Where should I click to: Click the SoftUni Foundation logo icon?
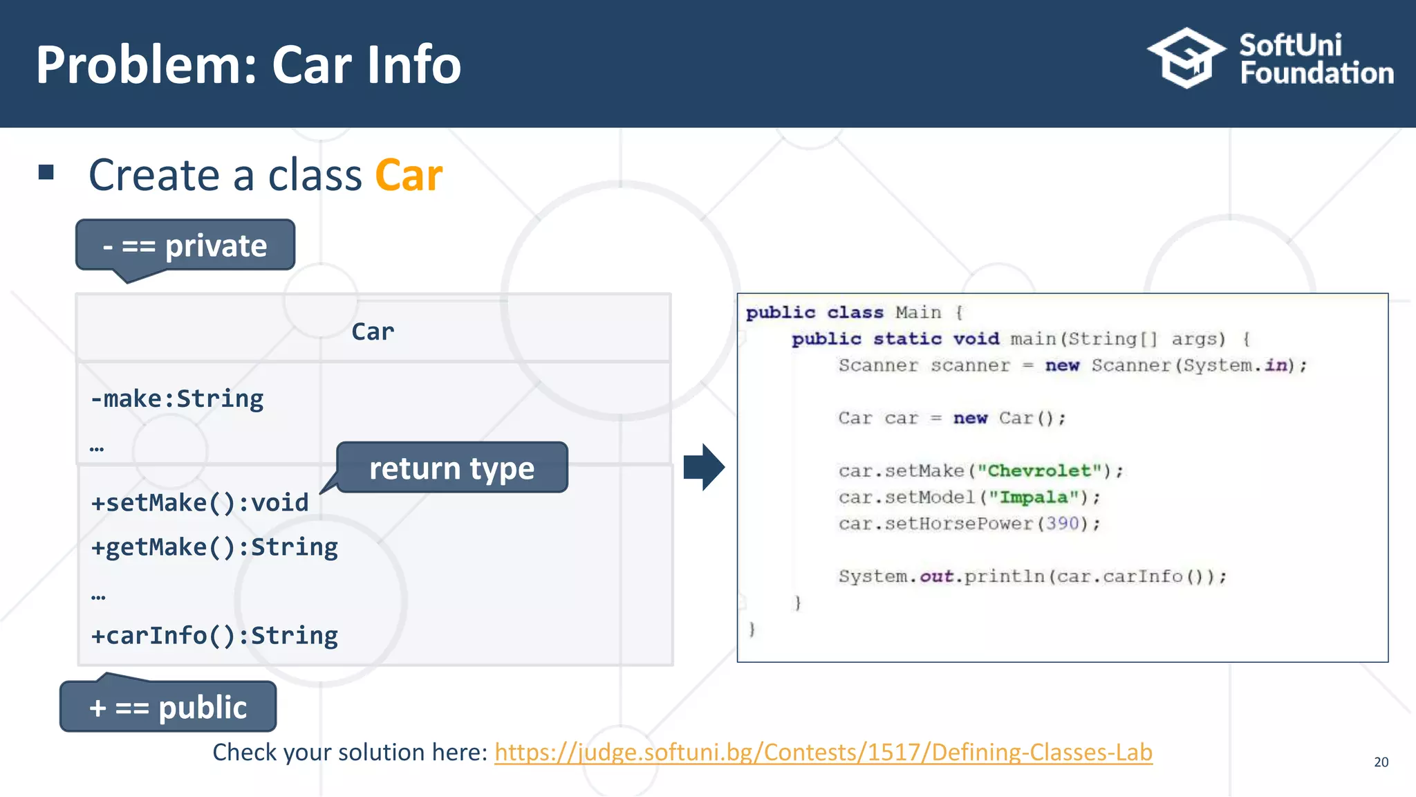click(x=1186, y=58)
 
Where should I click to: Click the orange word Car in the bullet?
click(x=408, y=175)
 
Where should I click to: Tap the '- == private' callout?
click(x=185, y=246)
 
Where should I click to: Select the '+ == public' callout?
click(x=168, y=707)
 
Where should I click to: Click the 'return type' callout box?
click(x=451, y=468)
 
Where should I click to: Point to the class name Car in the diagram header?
click(x=373, y=331)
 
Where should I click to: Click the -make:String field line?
click(x=177, y=398)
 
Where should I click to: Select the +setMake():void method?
click(x=200, y=502)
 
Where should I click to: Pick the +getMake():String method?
click(x=214, y=547)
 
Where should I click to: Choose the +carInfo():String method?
click(x=214, y=635)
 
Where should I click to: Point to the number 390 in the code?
click(x=1062, y=524)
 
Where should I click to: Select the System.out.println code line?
click(x=1032, y=576)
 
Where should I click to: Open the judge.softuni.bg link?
click(x=823, y=752)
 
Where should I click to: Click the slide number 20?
click(x=1381, y=762)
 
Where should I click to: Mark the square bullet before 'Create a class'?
click(x=46, y=172)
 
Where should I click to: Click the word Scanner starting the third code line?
click(x=878, y=365)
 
